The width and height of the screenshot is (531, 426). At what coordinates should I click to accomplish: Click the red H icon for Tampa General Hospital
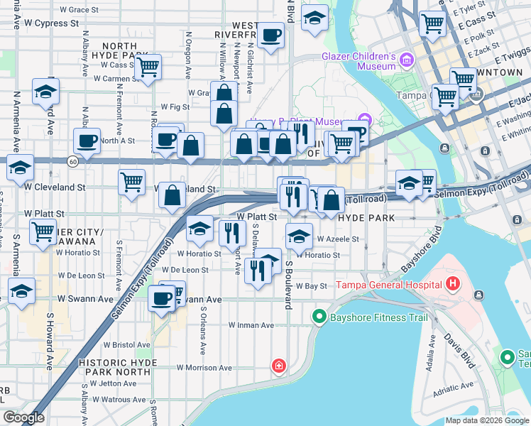pos(454,285)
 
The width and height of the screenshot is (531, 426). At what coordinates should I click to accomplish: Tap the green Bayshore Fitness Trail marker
pos(319,317)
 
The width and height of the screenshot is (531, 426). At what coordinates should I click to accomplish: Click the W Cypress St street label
pos(49,23)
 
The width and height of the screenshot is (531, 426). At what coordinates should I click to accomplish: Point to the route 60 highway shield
pos(73,162)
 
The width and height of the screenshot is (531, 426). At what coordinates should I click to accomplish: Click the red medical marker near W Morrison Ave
pos(280,366)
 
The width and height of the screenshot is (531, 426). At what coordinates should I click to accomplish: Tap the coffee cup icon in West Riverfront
pos(270,35)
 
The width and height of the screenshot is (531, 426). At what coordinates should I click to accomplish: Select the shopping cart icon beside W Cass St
pos(148,68)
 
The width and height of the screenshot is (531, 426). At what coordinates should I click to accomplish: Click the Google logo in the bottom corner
pos(24,417)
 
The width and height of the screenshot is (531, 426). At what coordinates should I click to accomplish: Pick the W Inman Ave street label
pos(251,325)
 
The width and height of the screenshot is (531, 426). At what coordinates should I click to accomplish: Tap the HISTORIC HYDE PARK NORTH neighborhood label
pos(114,367)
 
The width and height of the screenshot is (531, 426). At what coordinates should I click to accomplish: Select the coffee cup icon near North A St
pos(87,141)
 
